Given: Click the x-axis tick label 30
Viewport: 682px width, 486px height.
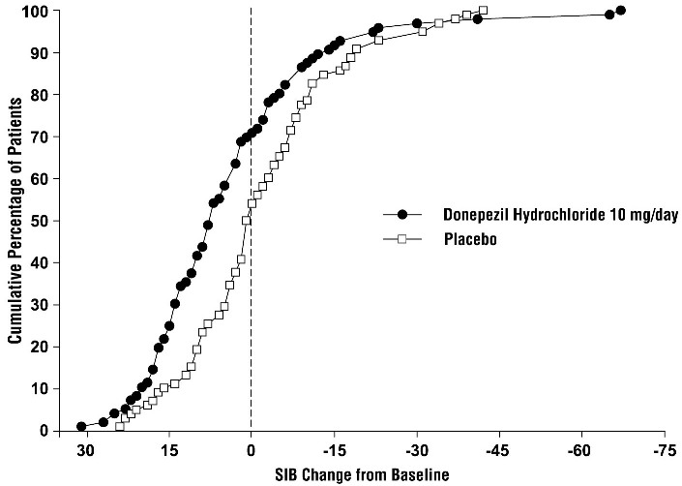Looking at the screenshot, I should pyautogui.click(x=85, y=450).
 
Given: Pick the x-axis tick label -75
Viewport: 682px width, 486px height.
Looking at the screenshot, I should pyautogui.click(x=664, y=450).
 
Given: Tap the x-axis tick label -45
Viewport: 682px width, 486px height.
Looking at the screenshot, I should pyautogui.click(x=498, y=450).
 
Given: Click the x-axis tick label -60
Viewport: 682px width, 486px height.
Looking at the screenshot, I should pyautogui.click(x=580, y=450).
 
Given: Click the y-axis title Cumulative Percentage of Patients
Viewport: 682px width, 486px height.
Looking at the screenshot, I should pyautogui.click(x=15, y=220).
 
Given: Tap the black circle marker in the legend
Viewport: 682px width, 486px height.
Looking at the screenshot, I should pyautogui.click(x=401, y=215).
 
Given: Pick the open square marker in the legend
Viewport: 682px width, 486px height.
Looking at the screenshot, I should pyautogui.click(x=401, y=241).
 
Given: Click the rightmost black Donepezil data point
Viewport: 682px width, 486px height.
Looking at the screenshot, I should pyautogui.click(x=620, y=11).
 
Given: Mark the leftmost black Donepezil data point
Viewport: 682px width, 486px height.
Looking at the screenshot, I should pyautogui.click(x=81, y=426).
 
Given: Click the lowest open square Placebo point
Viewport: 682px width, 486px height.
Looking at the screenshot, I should pyautogui.click(x=120, y=426).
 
